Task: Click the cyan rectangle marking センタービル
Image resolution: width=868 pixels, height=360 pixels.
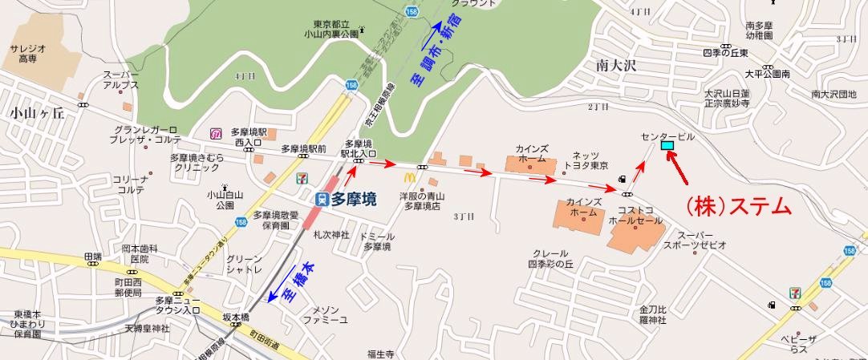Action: point(667,145)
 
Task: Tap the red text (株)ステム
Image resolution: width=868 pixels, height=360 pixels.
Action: point(736,206)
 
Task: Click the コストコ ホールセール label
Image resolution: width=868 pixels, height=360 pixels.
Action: point(637,213)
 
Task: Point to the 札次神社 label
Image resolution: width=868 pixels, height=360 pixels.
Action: point(331,235)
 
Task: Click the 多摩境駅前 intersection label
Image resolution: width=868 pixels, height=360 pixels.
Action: point(303,149)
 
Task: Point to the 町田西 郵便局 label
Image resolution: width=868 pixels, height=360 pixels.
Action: point(128,288)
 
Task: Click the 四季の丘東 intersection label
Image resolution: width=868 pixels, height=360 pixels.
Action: point(724,53)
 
